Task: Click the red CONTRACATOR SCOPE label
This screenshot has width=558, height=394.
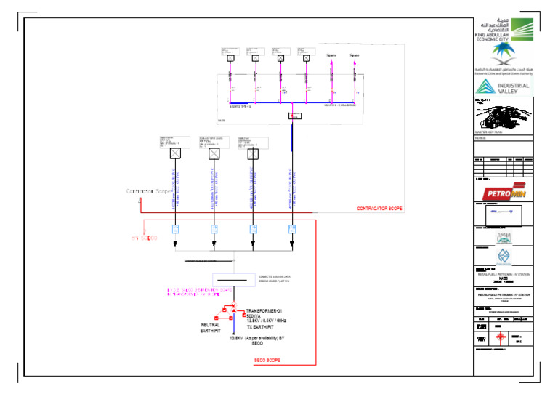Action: [379, 209]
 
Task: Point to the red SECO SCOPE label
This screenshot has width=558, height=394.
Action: [267, 359]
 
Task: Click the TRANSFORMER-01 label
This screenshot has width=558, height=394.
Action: [265, 310]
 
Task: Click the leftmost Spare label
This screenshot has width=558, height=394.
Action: [331, 55]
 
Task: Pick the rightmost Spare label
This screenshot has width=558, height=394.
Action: [354, 55]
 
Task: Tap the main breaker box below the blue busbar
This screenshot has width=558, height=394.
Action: [295, 116]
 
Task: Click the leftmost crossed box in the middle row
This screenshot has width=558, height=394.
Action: [174, 153]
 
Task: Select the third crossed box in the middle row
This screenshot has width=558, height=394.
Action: [253, 153]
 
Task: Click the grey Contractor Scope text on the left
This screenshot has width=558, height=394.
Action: [148, 191]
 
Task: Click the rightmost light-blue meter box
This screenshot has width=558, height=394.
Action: [292, 229]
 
